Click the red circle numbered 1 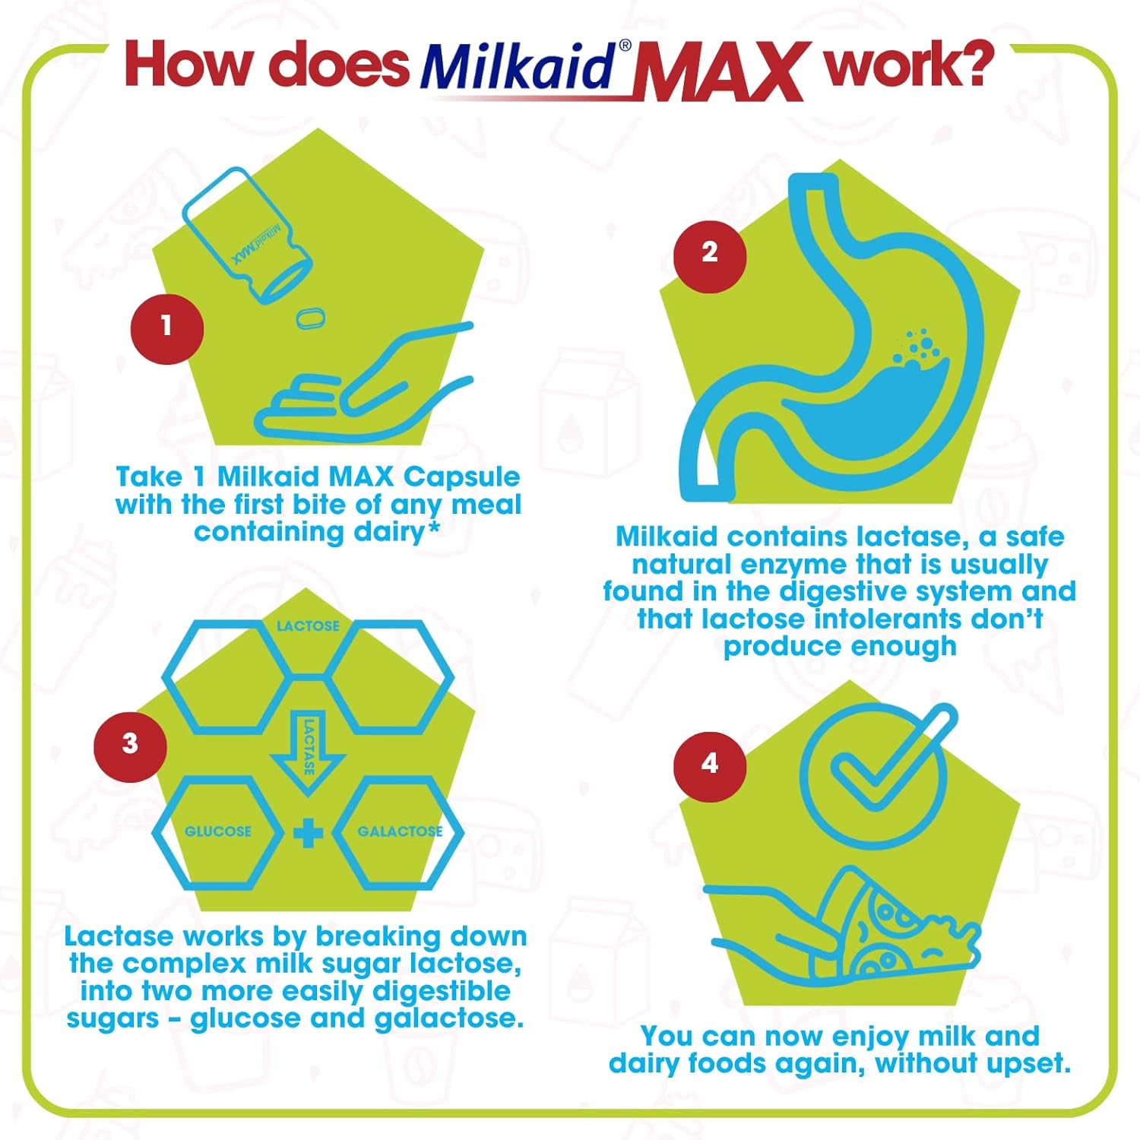click(x=166, y=328)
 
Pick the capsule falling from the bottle click(x=310, y=318)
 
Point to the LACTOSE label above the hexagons click(x=308, y=625)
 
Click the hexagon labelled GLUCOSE click(x=218, y=831)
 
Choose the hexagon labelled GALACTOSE click(x=399, y=831)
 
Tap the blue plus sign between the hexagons click(x=308, y=833)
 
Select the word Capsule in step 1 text click(x=462, y=477)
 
